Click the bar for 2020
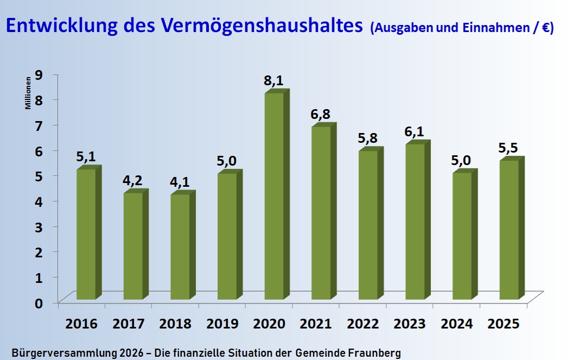tap(274, 195)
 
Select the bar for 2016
tap(86, 233)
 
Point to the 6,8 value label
tap(320, 115)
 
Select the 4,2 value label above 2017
tap(132, 180)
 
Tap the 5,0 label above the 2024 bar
tap(461, 160)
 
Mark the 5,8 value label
tap(368, 138)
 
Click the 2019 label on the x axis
tap(222, 324)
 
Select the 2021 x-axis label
tap(316, 324)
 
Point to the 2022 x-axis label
tap(363, 324)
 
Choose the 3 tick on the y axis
tap(39, 226)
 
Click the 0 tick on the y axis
tap(39, 302)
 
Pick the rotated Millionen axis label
tap(28, 96)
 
